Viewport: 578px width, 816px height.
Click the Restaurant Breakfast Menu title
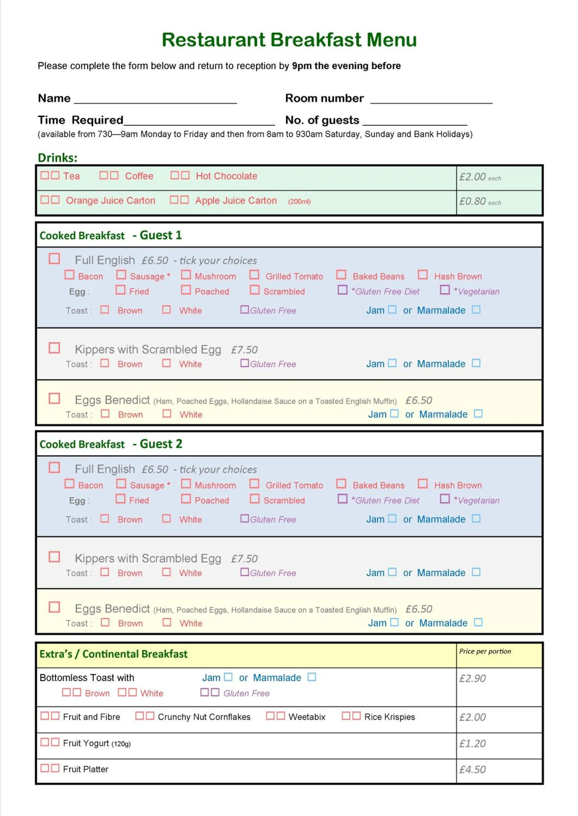pyautogui.click(x=289, y=39)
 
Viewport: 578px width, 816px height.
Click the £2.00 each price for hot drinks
pyautogui.click(x=479, y=177)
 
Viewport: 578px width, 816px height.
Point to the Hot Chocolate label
pyautogui.click(x=226, y=176)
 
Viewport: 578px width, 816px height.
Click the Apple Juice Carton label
pyautogui.click(x=236, y=201)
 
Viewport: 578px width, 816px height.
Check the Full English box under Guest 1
pyautogui.click(x=54, y=258)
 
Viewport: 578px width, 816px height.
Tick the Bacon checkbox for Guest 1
pyautogui.click(x=69, y=275)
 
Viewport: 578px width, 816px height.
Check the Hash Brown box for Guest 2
pyautogui.click(x=422, y=483)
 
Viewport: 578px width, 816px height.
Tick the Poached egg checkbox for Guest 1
pyautogui.click(x=186, y=290)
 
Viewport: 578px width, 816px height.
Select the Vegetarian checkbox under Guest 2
pyautogui.click(x=445, y=499)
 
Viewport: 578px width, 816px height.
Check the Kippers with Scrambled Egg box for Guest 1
pyautogui.click(x=54, y=348)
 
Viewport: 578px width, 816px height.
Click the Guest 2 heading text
pyautogui.click(x=161, y=444)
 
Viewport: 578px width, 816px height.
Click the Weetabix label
pyautogui.click(x=307, y=717)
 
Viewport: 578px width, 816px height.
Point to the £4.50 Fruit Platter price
pyautogui.click(x=472, y=769)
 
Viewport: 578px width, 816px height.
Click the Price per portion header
pyautogui.click(x=485, y=651)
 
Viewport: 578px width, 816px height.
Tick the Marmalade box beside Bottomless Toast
pyautogui.click(x=312, y=677)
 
